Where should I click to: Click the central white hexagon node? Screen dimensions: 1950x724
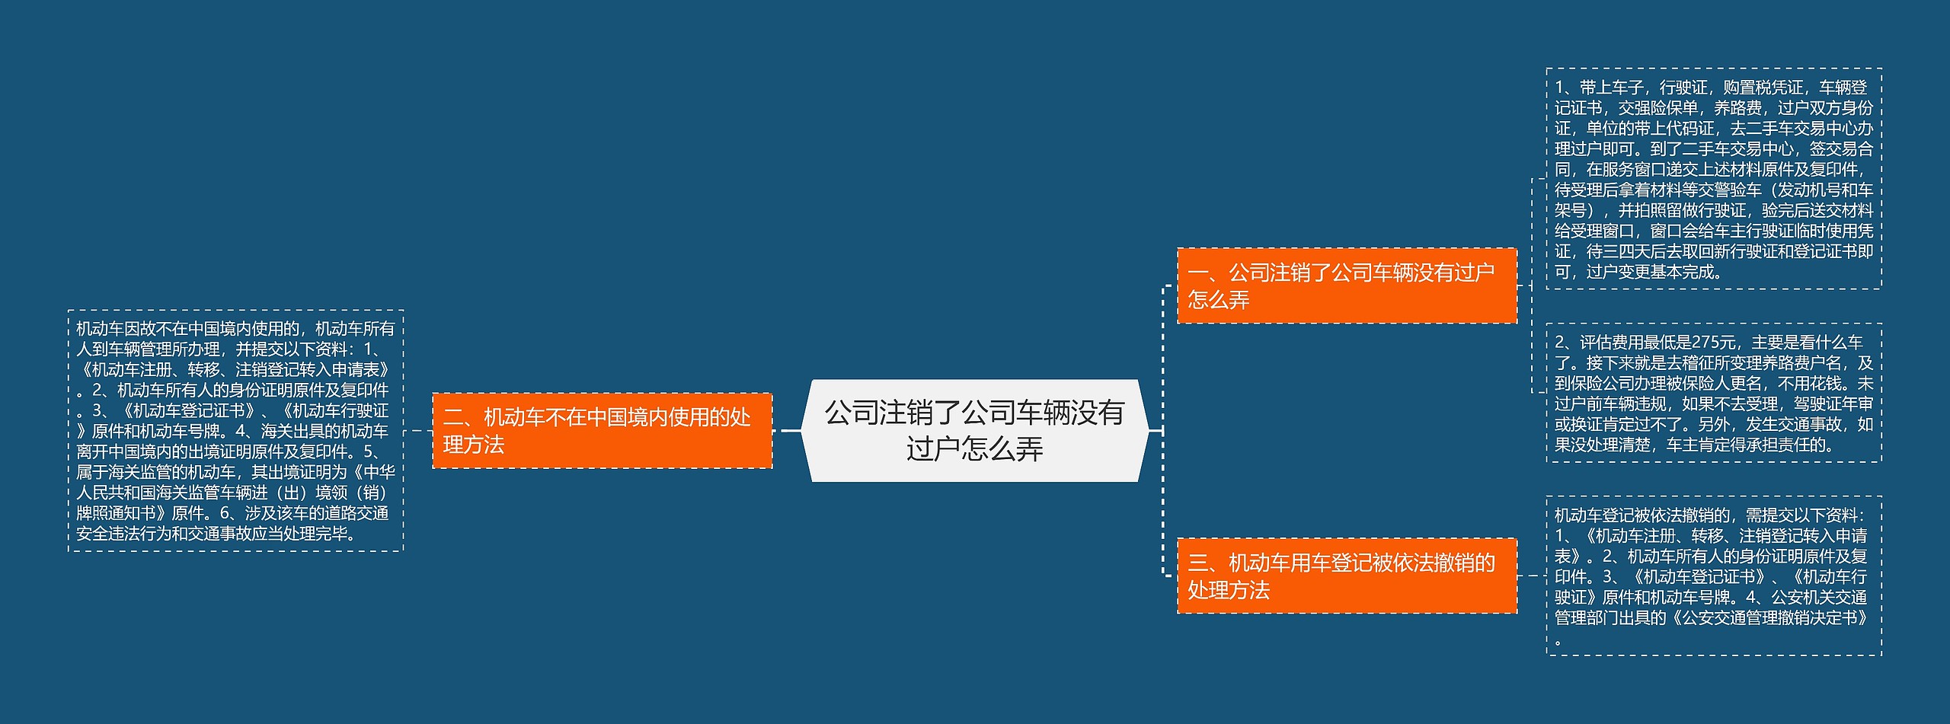click(x=974, y=430)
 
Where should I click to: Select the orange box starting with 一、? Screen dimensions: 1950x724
click(x=1346, y=285)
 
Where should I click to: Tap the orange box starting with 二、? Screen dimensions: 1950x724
click(x=602, y=430)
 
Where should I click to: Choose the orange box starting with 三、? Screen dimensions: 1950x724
click(x=1346, y=576)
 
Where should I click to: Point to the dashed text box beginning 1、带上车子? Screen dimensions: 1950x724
click(x=1713, y=179)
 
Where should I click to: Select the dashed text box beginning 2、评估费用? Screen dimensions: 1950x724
click(x=1713, y=393)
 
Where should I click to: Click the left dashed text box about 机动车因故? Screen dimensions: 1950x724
click(x=235, y=430)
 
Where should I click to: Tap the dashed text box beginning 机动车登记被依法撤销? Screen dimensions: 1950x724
click(x=1713, y=576)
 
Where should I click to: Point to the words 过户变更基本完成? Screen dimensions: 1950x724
click(x=1653, y=272)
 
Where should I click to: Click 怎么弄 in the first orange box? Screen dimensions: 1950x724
click(x=1219, y=300)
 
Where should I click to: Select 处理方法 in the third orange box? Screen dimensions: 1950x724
click(x=1229, y=590)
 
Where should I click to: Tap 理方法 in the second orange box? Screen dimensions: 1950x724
click(x=474, y=445)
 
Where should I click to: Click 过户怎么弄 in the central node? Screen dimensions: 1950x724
click(x=974, y=449)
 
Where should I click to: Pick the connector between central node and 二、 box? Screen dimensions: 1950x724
click(x=789, y=431)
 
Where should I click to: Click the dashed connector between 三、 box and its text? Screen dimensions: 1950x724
click(x=1531, y=576)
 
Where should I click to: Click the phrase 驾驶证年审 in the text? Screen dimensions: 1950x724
click(x=1828, y=404)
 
